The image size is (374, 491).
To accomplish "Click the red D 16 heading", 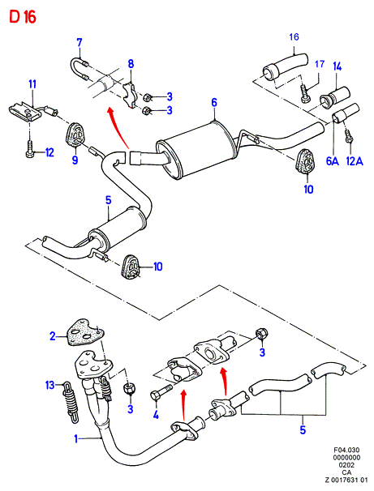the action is click(x=23, y=17).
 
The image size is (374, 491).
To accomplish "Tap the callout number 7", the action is click(x=80, y=42).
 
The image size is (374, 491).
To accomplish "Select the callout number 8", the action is click(x=131, y=63).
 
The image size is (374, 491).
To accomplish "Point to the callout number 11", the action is click(x=32, y=84).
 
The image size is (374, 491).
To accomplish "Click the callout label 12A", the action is click(x=355, y=161).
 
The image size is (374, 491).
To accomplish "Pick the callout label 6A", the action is click(x=333, y=161).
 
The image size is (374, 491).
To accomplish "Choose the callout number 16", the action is click(x=294, y=37).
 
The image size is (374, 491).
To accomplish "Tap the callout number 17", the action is click(x=320, y=64).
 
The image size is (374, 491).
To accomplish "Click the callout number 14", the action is click(x=337, y=66).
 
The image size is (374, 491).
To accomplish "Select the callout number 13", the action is click(x=49, y=385).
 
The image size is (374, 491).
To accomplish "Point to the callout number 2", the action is click(x=53, y=336).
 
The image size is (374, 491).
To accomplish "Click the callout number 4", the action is click(x=156, y=415).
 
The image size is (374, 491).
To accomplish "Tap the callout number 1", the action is click(x=75, y=438).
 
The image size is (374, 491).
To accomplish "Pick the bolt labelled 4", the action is click(x=161, y=391).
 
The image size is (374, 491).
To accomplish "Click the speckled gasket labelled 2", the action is click(x=85, y=332).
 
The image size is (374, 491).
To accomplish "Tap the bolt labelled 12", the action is click(x=29, y=149).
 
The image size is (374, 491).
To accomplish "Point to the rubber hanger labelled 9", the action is click(x=75, y=135).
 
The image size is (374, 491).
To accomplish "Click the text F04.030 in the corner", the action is click(x=346, y=450).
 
